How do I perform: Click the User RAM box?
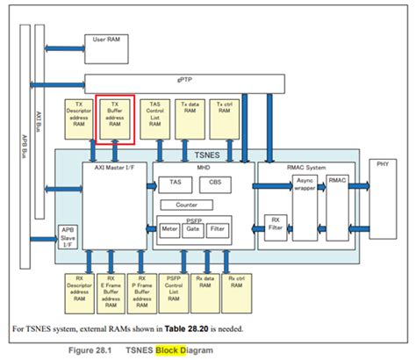pyautogui.click(x=109, y=46)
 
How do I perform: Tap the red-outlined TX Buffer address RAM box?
pyautogui.click(x=115, y=119)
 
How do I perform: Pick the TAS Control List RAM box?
pyautogui.click(x=154, y=119)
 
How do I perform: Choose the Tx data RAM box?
pyautogui.click(x=190, y=116)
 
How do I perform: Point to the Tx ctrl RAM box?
pyautogui.click(x=226, y=116)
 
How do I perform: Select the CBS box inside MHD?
pyautogui.click(x=214, y=183)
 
